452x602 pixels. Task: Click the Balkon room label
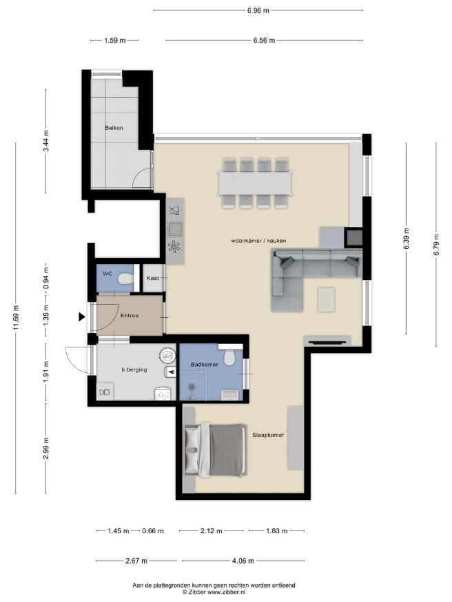coord(114,128)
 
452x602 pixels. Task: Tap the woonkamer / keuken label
coord(258,241)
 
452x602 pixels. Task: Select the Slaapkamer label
coord(268,435)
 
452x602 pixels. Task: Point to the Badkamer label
coord(205,365)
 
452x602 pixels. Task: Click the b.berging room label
coord(134,369)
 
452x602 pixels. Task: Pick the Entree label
coord(130,316)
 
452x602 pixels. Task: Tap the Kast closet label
coord(152,278)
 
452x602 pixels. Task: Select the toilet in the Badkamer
coord(230,358)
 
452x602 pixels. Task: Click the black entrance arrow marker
coord(81,316)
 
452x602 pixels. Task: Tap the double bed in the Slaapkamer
coord(215,449)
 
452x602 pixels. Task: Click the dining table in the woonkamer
coord(256,183)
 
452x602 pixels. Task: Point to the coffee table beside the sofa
coord(326,299)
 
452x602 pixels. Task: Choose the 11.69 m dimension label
coord(16,317)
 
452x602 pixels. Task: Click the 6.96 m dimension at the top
coord(258,11)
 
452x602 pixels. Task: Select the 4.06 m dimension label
coord(243,561)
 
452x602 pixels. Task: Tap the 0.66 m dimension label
coord(153,531)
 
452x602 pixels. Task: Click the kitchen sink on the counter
coord(175,229)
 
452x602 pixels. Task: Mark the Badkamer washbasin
coord(230,395)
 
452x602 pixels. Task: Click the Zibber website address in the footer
coord(227,592)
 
